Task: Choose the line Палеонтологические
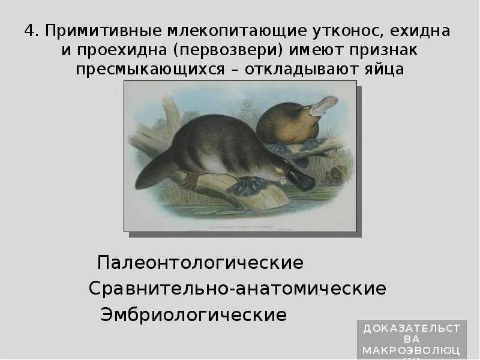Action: pyautogui.click(x=200, y=263)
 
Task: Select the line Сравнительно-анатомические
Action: pyautogui.click(x=237, y=289)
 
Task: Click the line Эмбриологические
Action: pyautogui.click(x=193, y=314)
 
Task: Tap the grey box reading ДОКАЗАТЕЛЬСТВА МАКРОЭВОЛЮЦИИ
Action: pyautogui.click(x=411, y=340)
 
